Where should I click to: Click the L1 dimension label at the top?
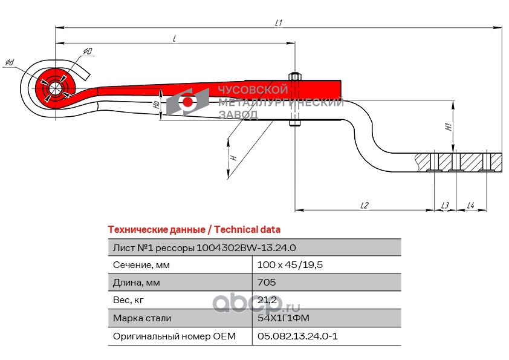coord(279,23)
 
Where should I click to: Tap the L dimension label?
coord(174,39)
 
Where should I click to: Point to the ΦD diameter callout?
coord(87,51)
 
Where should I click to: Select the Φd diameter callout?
coord(10,62)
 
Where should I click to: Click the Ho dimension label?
coord(157,105)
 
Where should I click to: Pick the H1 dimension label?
coord(449,126)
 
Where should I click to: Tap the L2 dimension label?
coord(365,205)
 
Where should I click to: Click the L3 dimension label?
coord(445,205)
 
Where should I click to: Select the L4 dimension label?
coord(471,205)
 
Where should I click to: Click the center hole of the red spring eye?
coord(55,88)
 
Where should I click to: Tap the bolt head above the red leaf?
coord(295,76)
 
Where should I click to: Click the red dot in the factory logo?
coord(187,102)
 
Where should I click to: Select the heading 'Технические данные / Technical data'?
coord(194,230)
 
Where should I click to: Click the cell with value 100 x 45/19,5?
coord(290,265)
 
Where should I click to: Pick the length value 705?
coord(267,283)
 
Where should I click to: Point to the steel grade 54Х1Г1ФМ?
coord(284,318)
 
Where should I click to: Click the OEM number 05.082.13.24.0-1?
coord(297,336)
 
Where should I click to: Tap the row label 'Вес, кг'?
coord(128,300)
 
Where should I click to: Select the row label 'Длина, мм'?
coord(137,283)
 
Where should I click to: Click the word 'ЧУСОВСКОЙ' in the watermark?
coord(253,90)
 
